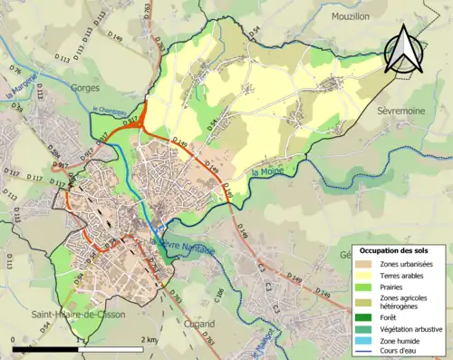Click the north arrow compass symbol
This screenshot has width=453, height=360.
(402, 50)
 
